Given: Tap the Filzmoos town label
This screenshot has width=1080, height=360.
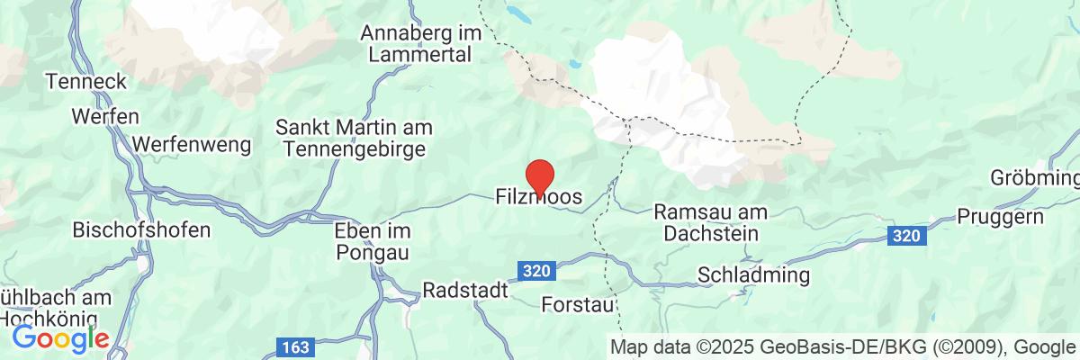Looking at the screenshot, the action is click(x=539, y=196).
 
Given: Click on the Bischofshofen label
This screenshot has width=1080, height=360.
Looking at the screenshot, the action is click(x=142, y=229).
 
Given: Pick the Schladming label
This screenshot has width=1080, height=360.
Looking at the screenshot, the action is click(x=754, y=274).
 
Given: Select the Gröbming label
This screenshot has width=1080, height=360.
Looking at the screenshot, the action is click(x=1036, y=175).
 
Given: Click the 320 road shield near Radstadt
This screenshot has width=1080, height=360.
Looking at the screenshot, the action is click(x=534, y=269).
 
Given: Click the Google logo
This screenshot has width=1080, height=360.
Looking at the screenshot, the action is click(x=60, y=339).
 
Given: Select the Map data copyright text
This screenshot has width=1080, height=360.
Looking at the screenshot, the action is click(x=844, y=346).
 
